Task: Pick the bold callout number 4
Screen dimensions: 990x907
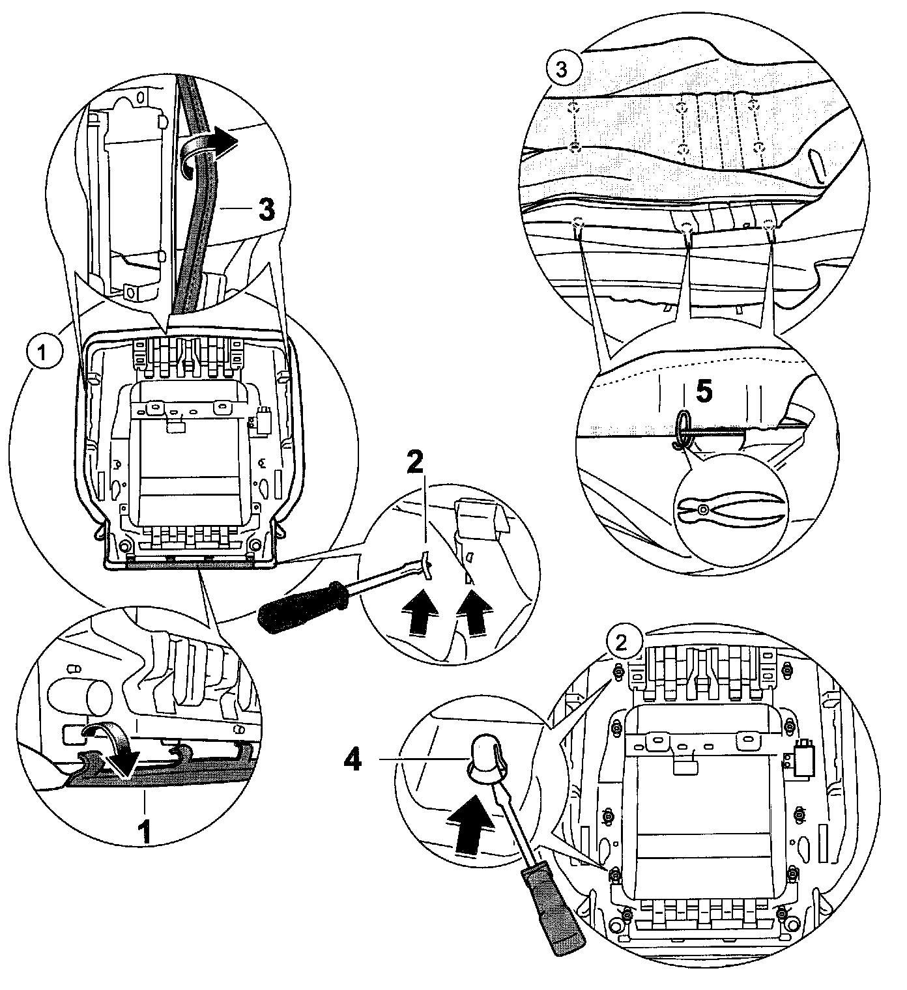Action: point(353,759)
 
